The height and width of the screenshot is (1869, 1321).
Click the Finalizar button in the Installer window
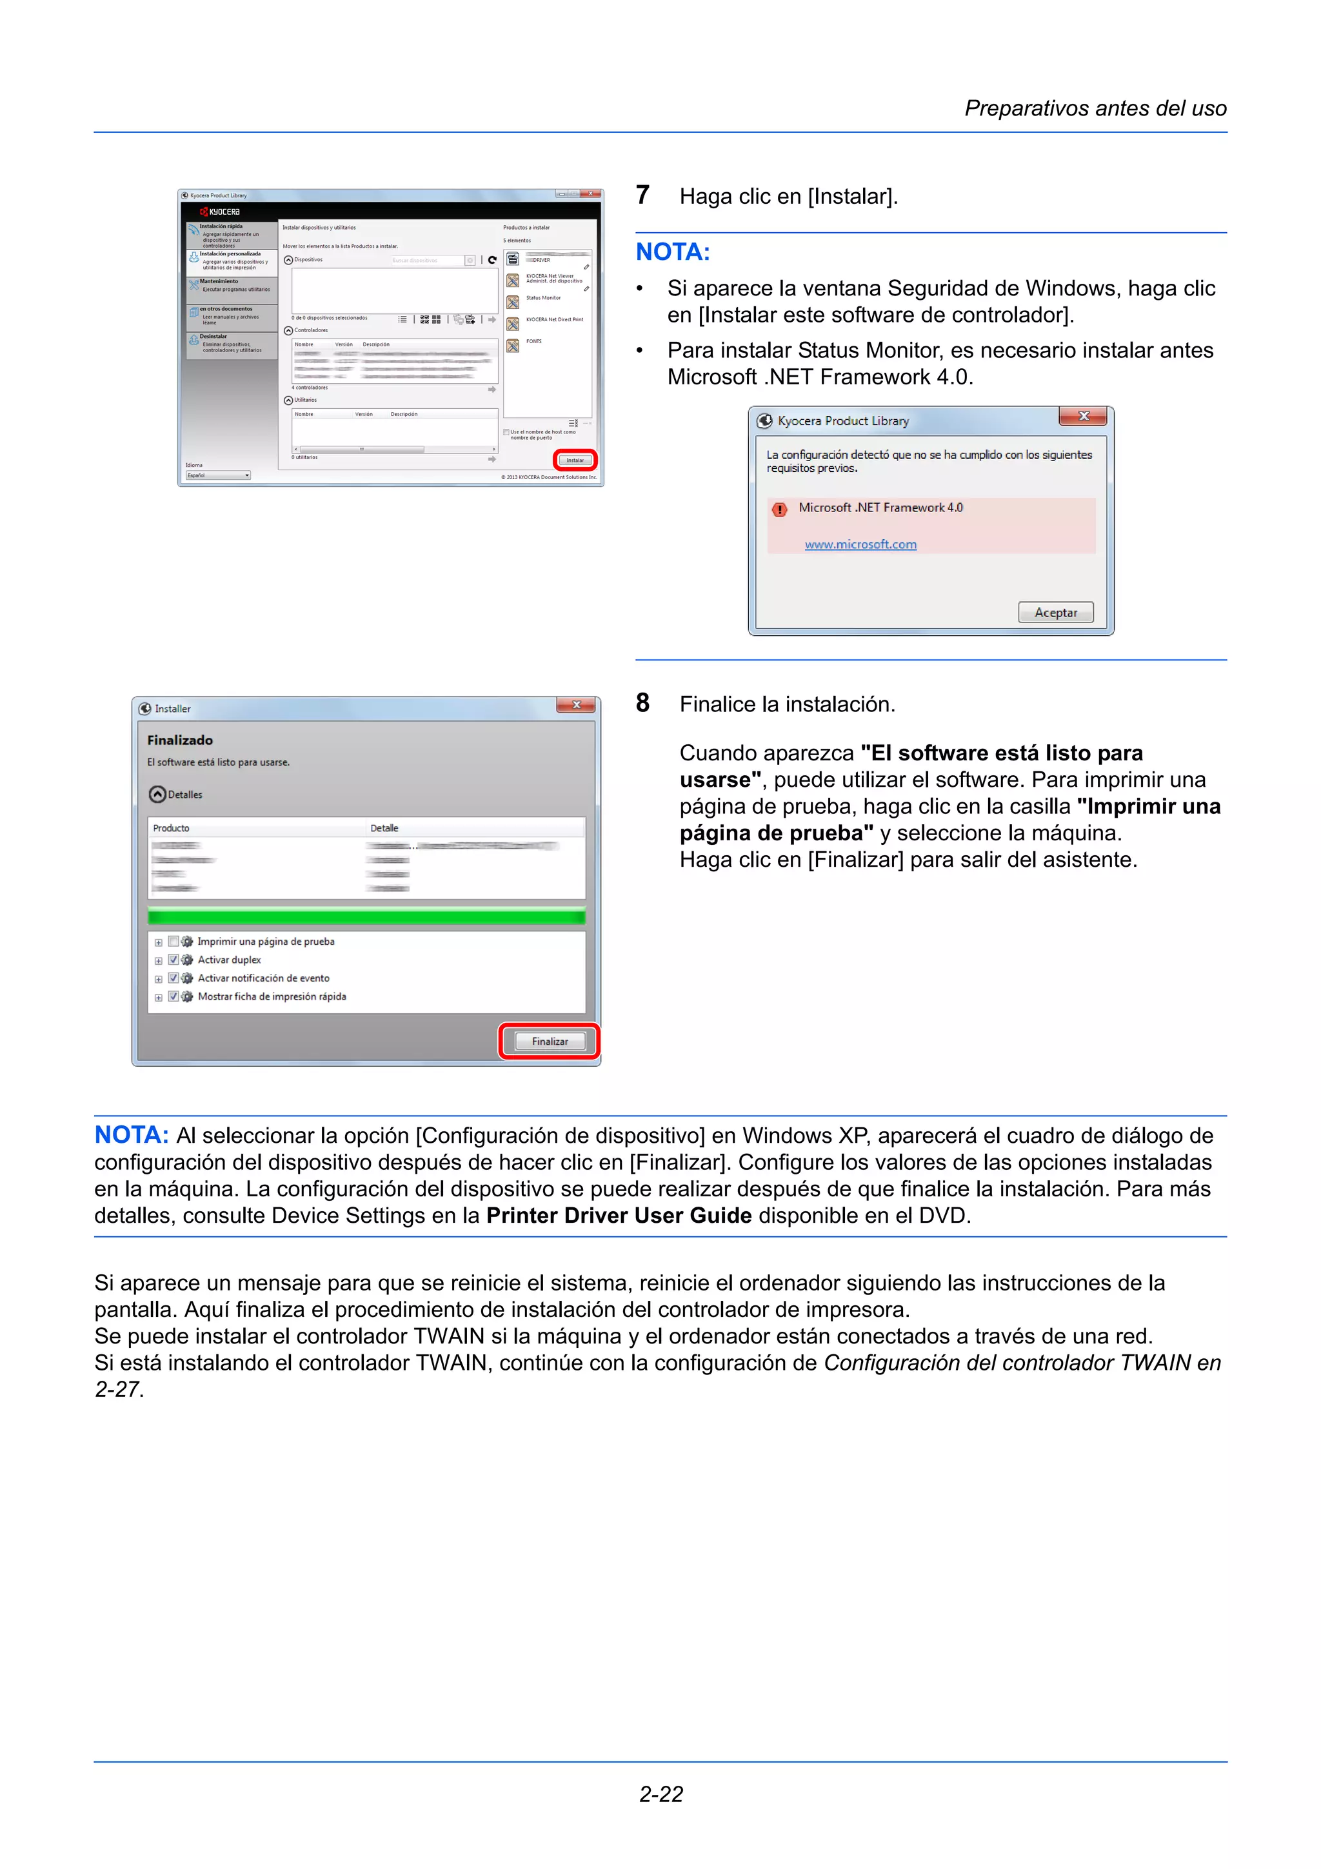(x=550, y=1041)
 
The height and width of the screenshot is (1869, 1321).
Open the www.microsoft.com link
(x=860, y=544)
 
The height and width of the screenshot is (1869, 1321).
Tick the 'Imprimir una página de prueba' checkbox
(x=174, y=941)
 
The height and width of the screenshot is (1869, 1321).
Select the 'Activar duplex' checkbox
(x=174, y=960)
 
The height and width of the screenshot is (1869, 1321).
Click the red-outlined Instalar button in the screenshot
(x=575, y=460)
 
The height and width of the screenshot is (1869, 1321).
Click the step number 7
(x=642, y=195)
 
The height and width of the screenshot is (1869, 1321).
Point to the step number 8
(x=642, y=704)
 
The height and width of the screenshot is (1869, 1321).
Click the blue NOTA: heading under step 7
(x=672, y=252)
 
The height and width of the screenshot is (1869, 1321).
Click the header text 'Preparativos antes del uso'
(x=1095, y=108)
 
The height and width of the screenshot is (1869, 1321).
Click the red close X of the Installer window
(x=575, y=705)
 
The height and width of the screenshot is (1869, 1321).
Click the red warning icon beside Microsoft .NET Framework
(x=780, y=509)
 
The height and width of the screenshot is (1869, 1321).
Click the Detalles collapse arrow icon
(x=158, y=795)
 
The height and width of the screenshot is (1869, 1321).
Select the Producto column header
(x=172, y=828)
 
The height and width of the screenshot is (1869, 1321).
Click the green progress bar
(x=366, y=917)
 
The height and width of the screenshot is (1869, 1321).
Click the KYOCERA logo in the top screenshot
(x=220, y=212)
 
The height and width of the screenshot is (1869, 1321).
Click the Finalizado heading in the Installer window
(x=180, y=740)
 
